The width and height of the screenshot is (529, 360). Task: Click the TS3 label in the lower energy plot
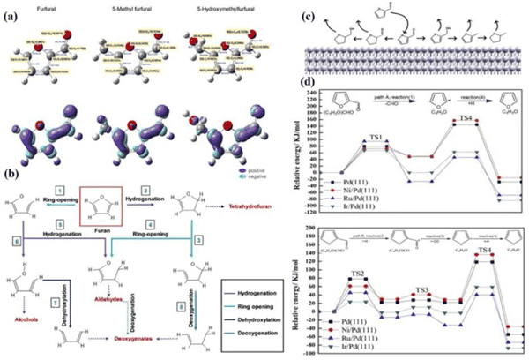tap(421, 290)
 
